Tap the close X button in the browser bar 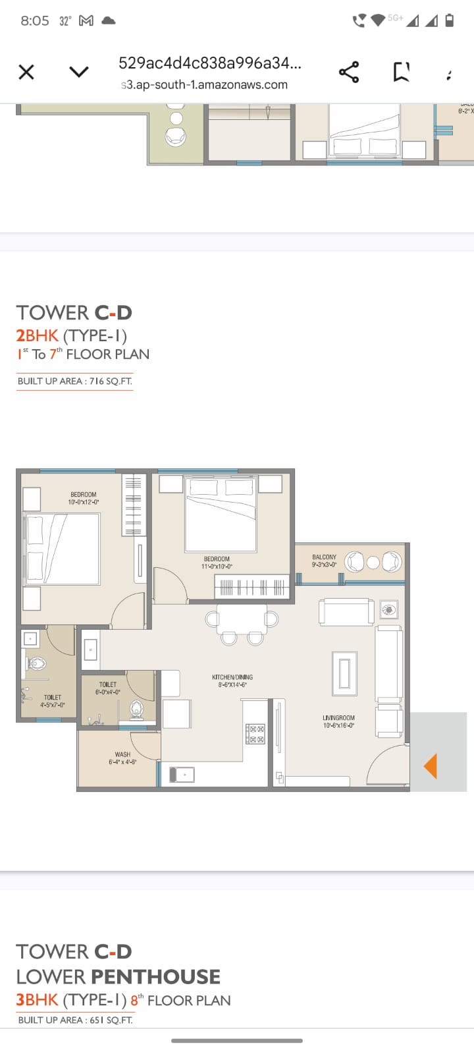26,72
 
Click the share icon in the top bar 349,72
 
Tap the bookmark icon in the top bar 401,72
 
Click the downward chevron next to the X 79,72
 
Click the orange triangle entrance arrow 431,766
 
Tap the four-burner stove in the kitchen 255,734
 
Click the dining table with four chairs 242,620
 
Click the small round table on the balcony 373,562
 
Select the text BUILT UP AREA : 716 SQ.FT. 75,381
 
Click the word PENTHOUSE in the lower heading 155,976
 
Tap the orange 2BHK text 38,335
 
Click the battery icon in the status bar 450,20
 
